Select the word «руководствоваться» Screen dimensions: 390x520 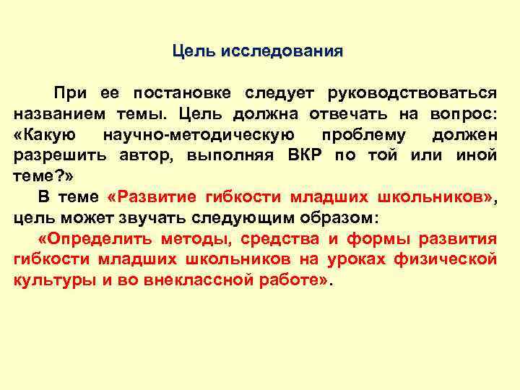pos(412,93)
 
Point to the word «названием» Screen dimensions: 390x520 pos(54,114)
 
